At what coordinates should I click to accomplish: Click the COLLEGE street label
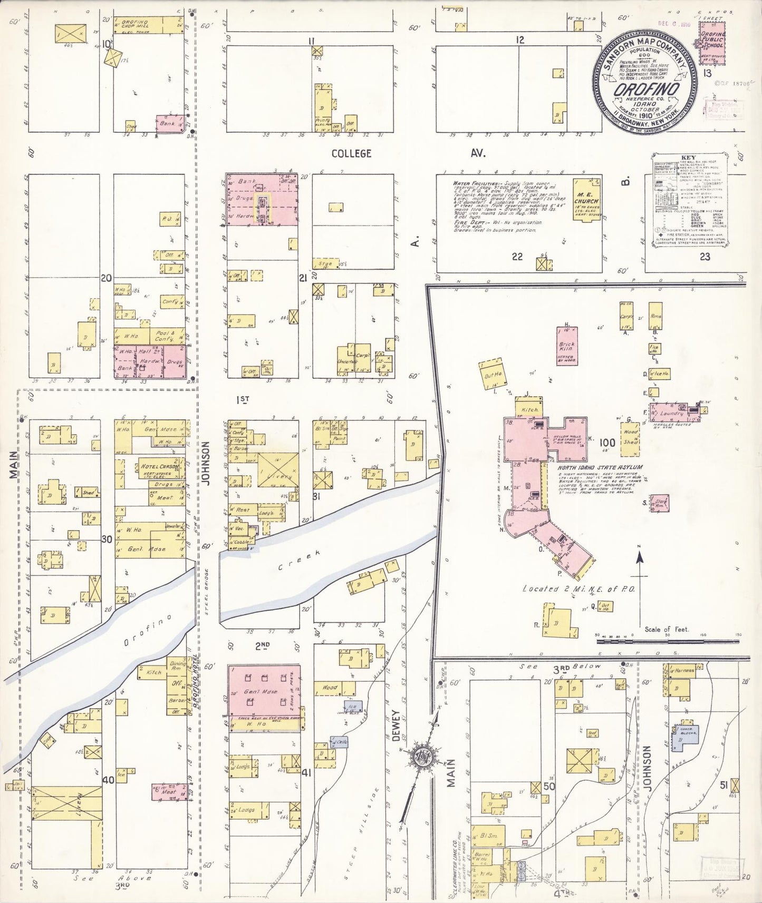(351, 153)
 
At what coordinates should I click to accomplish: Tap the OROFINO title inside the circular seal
(646, 90)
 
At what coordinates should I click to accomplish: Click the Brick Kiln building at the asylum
(567, 346)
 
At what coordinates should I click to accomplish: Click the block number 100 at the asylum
(607, 443)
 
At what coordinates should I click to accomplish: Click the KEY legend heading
(689, 158)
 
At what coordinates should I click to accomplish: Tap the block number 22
(517, 257)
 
